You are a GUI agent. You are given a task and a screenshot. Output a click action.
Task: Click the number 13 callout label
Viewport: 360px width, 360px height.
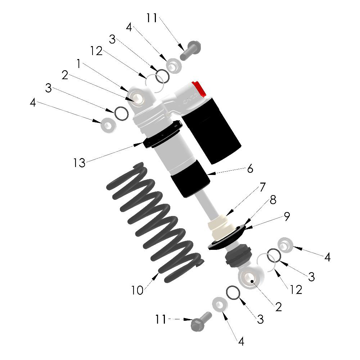point(79,163)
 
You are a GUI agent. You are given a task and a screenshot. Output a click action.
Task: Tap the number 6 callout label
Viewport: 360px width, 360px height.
point(250,168)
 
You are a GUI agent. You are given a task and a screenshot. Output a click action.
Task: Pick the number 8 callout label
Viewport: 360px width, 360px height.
point(273,200)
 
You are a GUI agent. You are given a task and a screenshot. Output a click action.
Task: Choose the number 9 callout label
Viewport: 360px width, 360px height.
point(287,216)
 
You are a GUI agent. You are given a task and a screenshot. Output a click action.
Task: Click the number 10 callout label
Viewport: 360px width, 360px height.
point(137,290)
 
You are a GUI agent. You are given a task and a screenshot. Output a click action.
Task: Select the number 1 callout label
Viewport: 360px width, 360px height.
point(78,64)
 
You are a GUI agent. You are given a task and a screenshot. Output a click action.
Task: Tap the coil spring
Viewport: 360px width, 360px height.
point(154,222)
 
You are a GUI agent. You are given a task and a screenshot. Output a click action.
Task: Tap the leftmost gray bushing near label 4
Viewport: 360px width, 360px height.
point(108,125)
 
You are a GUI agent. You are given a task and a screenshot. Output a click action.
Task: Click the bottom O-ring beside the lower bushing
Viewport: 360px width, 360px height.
point(233,293)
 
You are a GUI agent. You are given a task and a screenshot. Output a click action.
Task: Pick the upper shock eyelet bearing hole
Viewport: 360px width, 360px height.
point(138,99)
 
